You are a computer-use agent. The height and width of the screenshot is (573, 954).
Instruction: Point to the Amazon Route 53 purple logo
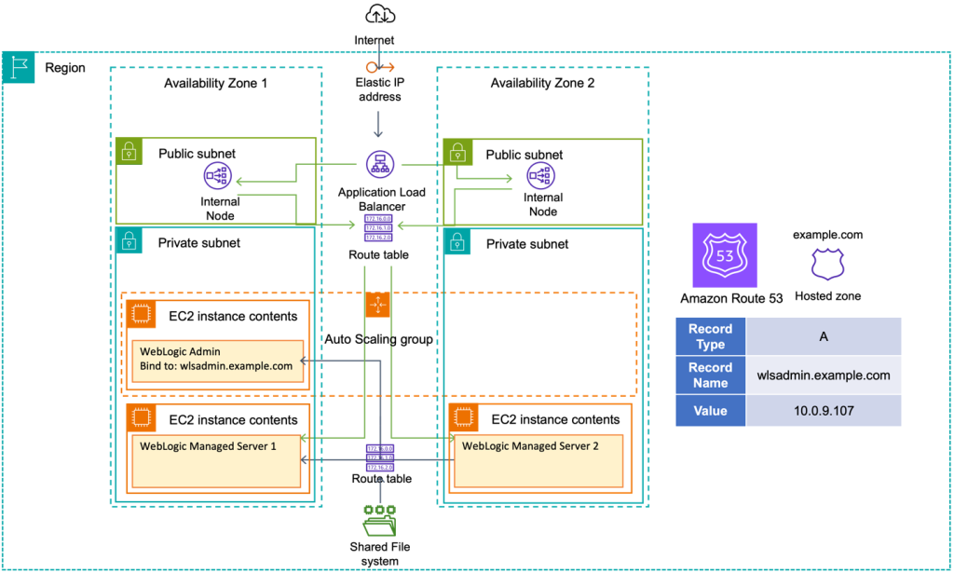click(x=718, y=254)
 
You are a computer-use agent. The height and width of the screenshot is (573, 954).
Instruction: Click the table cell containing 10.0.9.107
click(x=824, y=410)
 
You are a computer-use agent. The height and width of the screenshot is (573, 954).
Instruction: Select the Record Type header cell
click(x=710, y=335)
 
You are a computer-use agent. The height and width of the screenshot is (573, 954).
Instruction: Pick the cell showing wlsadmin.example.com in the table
click(x=824, y=375)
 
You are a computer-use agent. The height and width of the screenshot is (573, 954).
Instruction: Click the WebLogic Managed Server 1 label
click(x=208, y=446)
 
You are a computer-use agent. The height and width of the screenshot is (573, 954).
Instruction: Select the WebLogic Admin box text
click(x=215, y=359)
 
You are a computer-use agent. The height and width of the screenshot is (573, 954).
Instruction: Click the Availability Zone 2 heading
click(x=542, y=84)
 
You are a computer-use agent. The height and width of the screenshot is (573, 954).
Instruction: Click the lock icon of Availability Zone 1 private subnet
click(x=128, y=241)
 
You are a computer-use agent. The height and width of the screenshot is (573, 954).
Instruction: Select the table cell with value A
click(x=824, y=336)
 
